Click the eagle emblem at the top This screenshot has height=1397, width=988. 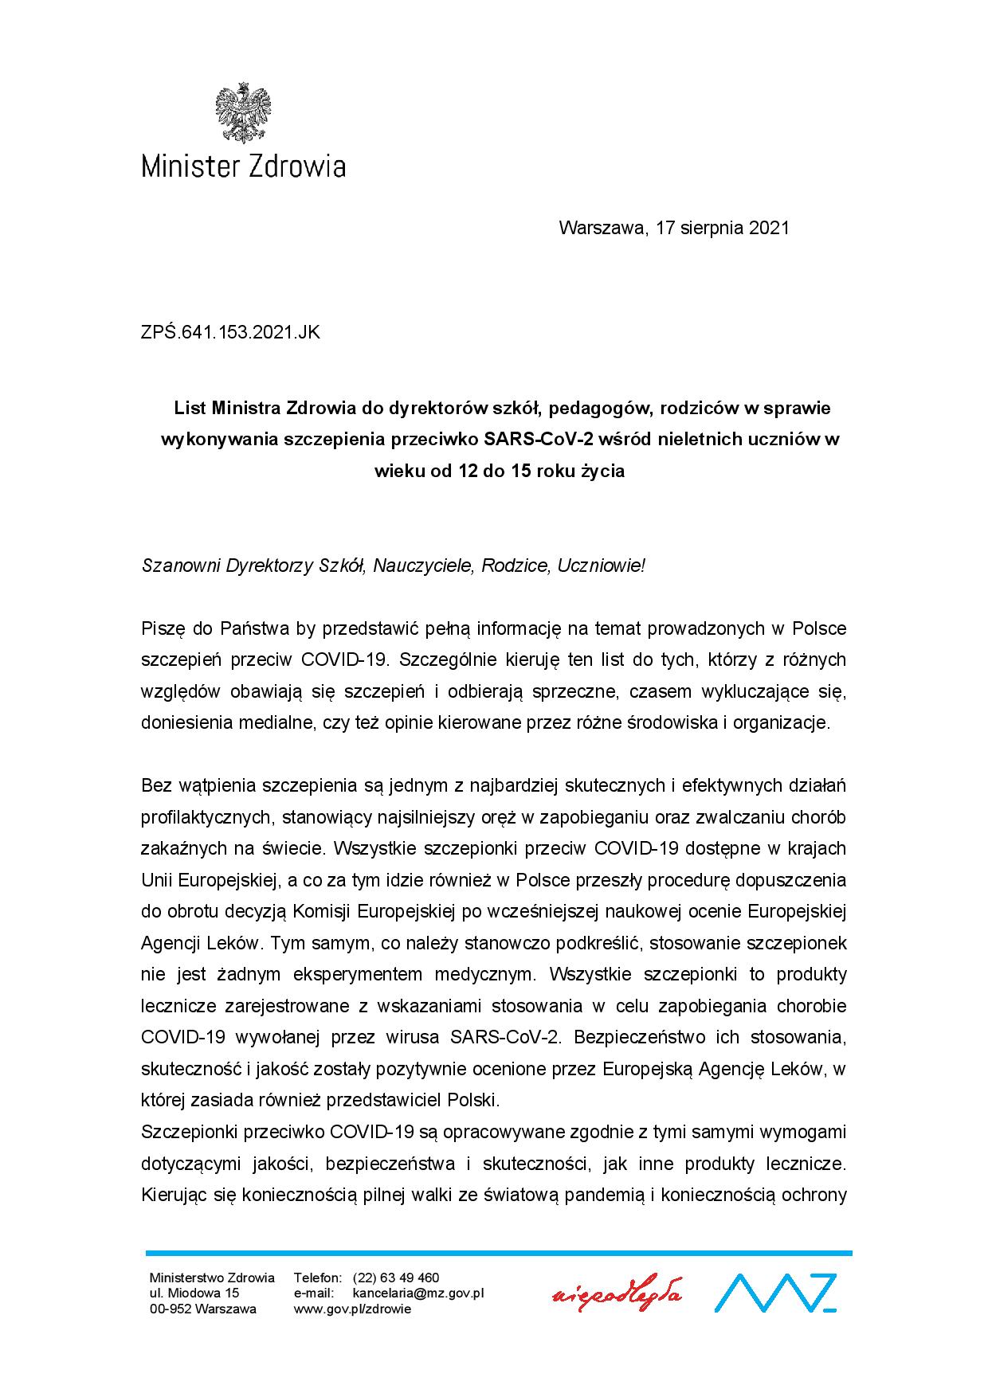(243, 112)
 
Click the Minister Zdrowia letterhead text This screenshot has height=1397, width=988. (243, 166)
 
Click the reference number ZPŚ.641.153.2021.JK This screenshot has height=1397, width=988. (230, 333)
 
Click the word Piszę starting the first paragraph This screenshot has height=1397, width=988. (163, 628)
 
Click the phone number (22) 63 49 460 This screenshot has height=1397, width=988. (396, 1278)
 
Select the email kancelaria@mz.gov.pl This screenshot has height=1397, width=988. (418, 1293)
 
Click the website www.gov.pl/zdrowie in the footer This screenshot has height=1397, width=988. (353, 1309)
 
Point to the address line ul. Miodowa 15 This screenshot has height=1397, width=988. (194, 1293)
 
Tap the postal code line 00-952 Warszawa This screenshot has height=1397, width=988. (203, 1309)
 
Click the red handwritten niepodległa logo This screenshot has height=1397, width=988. (617, 1293)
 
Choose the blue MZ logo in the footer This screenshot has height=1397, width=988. (774, 1293)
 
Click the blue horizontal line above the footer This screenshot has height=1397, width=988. (498, 1253)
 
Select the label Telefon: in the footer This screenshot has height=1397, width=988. (318, 1278)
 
